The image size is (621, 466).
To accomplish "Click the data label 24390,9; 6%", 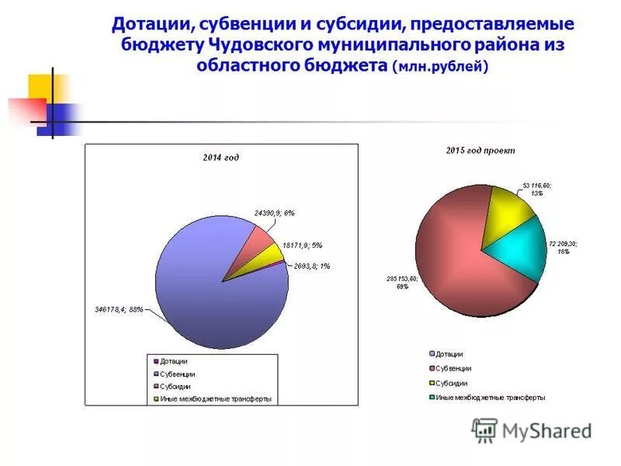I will point(274,212).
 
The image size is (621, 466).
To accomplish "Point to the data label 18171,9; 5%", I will point(302,245).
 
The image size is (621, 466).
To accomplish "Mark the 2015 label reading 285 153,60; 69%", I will point(403,282).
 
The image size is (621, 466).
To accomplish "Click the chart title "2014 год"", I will point(221,158).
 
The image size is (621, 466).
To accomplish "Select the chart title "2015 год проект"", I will point(480,150).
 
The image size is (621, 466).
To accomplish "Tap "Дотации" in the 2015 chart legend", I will point(449,354).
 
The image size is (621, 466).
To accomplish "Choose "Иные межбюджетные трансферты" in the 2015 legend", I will point(490,398).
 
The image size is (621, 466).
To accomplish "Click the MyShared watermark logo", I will point(533,429).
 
